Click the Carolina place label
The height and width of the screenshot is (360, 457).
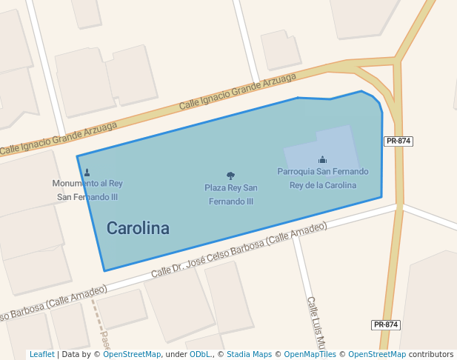click(138, 228)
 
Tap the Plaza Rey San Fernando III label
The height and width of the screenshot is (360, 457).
click(231, 194)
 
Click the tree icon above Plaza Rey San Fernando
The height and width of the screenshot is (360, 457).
click(231, 176)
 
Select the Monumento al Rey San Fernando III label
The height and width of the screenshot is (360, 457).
click(87, 190)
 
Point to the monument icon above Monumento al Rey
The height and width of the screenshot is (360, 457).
click(87, 173)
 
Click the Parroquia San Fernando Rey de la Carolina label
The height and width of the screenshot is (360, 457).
click(322, 178)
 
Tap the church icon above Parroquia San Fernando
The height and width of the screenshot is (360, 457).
click(322, 159)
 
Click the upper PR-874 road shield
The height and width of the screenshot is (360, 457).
click(398, 141)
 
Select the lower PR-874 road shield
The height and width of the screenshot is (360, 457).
click(386, 324)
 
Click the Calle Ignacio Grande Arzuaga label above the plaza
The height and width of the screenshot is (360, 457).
click(238, 92)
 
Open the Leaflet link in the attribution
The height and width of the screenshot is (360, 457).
click(41, 355)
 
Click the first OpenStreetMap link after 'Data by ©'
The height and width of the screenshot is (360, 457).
click(132, 355)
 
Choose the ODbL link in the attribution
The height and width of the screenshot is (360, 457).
click(199, 355)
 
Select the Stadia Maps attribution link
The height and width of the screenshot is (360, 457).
click(249, 355)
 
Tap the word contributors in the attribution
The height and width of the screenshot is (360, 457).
click(430, 355)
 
